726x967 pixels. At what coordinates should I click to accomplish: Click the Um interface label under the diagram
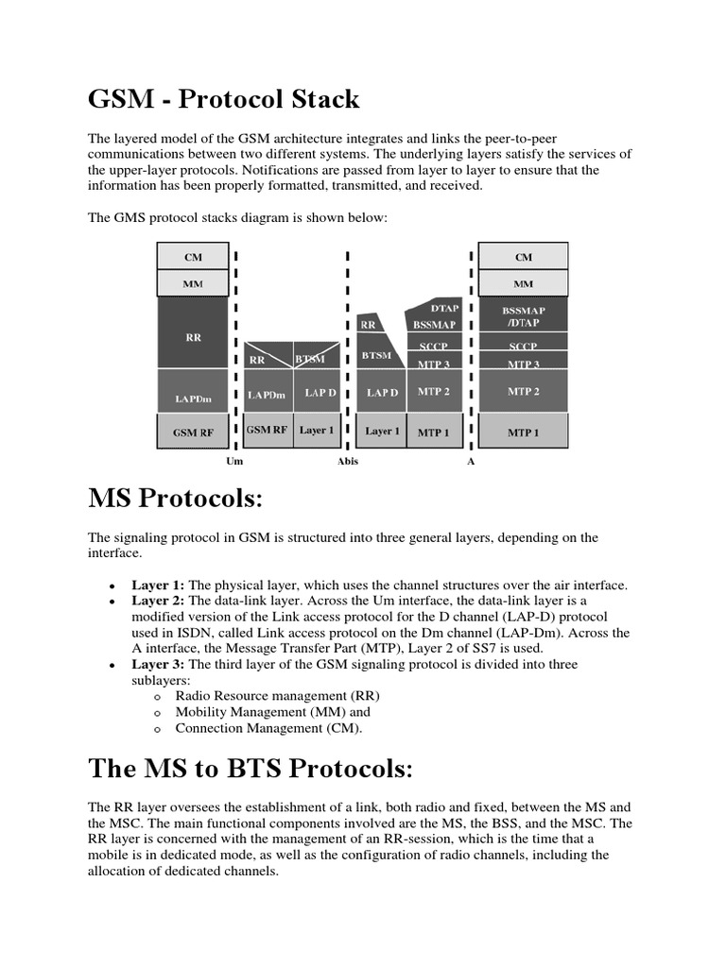coord(234,462)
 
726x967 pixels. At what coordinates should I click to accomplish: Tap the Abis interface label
coord(348,462)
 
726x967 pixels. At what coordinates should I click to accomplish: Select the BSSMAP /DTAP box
coord(524,315)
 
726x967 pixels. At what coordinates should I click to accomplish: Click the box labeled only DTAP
coord(444,308)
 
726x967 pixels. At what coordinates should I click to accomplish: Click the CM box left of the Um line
coord(193,256)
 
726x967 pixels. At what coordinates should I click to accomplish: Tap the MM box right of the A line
coord(524,283)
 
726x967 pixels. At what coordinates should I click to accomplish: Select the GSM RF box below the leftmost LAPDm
coord(193,433)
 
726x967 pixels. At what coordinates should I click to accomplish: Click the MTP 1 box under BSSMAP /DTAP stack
coord(524,433)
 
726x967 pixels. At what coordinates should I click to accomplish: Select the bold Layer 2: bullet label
coord(158,601)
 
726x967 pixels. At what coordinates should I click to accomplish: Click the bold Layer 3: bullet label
coord(158,665)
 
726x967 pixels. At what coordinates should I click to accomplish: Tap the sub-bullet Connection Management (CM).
coord(268,728)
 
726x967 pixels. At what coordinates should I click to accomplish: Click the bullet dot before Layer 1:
coord(112,586)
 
